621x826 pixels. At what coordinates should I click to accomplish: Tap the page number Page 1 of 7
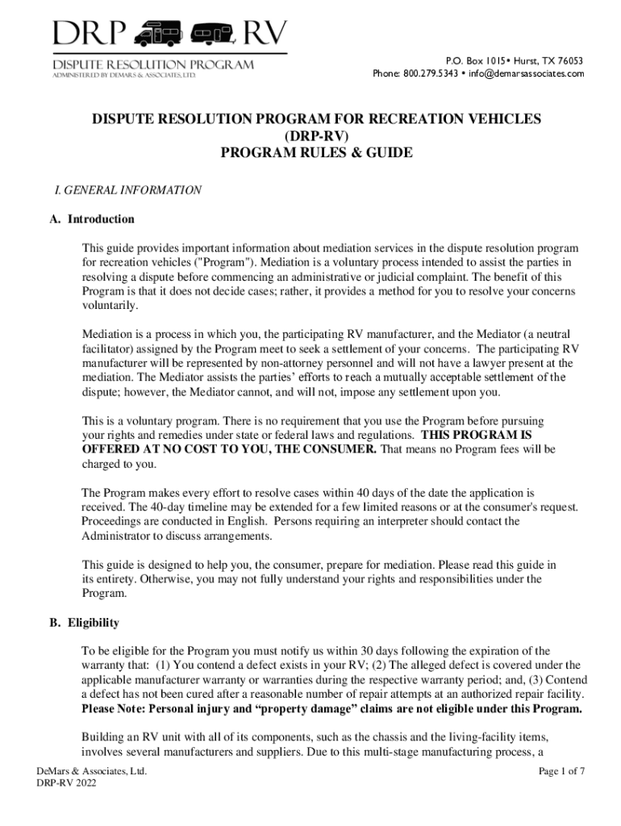pyautogui.click(x=561, y=771)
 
